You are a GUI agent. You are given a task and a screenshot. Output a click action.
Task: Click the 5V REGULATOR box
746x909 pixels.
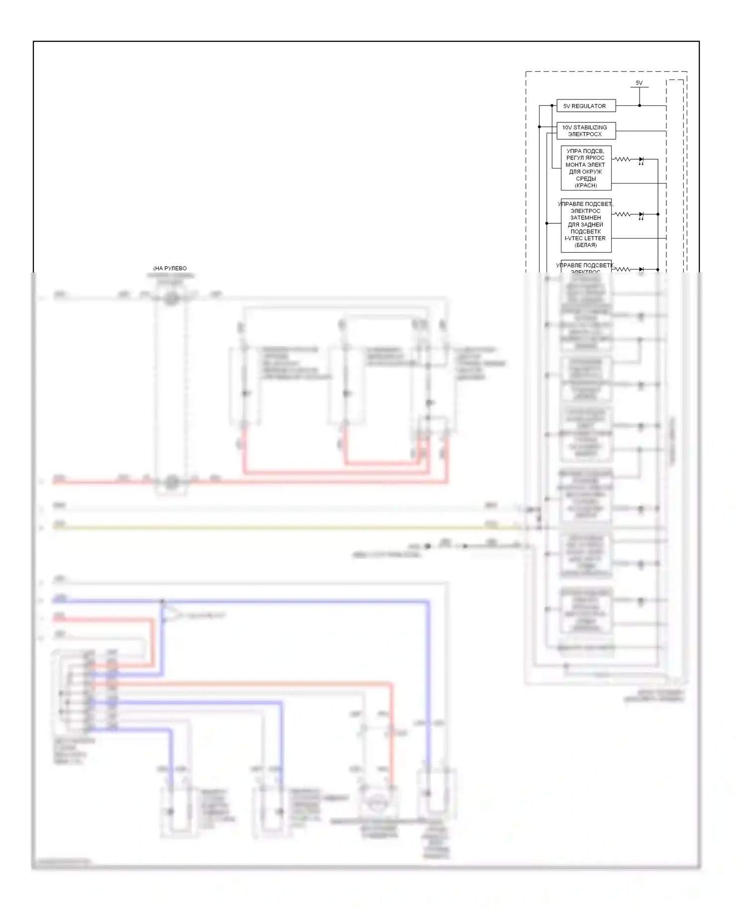(x=586, y=106)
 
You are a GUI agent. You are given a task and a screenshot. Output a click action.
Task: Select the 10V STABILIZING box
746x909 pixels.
(x=586, y=130)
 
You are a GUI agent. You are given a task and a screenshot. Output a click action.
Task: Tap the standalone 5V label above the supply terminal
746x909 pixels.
(x=639, y=83)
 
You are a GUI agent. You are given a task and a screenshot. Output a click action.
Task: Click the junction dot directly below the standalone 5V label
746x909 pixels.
(x=640, y=105)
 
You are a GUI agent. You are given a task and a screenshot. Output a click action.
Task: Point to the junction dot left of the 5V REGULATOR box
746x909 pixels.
(x=552, y=105)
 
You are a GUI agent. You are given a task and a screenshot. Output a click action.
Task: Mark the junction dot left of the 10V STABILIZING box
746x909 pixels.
(x=540, y=127)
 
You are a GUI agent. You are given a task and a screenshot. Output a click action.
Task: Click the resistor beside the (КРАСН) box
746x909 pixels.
(x=623, y=159)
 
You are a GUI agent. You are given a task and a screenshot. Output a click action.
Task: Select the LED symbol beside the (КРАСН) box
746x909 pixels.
(x=641, y=160)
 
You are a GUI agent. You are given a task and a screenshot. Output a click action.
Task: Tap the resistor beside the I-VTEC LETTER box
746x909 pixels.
(x=623, y=214)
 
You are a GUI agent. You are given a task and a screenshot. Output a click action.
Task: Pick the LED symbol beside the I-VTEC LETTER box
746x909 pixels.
(x=641, y=215)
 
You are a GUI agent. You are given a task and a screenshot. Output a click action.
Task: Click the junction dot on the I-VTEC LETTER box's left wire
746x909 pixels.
(x=547, y=223)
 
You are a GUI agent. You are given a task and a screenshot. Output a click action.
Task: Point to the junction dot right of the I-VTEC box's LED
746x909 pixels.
(x=658, y=214)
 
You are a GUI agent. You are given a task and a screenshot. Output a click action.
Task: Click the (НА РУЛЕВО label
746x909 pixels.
(x=170, y=269)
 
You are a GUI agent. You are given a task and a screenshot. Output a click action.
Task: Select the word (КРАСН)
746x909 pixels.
(x=586, y=185)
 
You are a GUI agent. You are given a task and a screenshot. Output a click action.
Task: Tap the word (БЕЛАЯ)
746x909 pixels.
(x=585, y=245)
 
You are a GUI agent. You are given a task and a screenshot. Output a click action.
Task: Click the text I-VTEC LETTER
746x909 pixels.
(x=585, y=238)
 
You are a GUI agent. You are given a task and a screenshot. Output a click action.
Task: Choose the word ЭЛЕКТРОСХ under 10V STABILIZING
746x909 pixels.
(x=585, y=134)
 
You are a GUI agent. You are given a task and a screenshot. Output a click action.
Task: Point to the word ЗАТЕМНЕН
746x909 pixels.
(x=585, y=218)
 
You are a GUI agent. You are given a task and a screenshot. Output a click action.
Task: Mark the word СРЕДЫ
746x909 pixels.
(x=586, y=179)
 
